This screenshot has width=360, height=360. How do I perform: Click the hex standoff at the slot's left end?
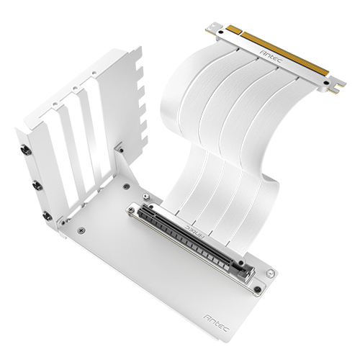click(x=132, y=211)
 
